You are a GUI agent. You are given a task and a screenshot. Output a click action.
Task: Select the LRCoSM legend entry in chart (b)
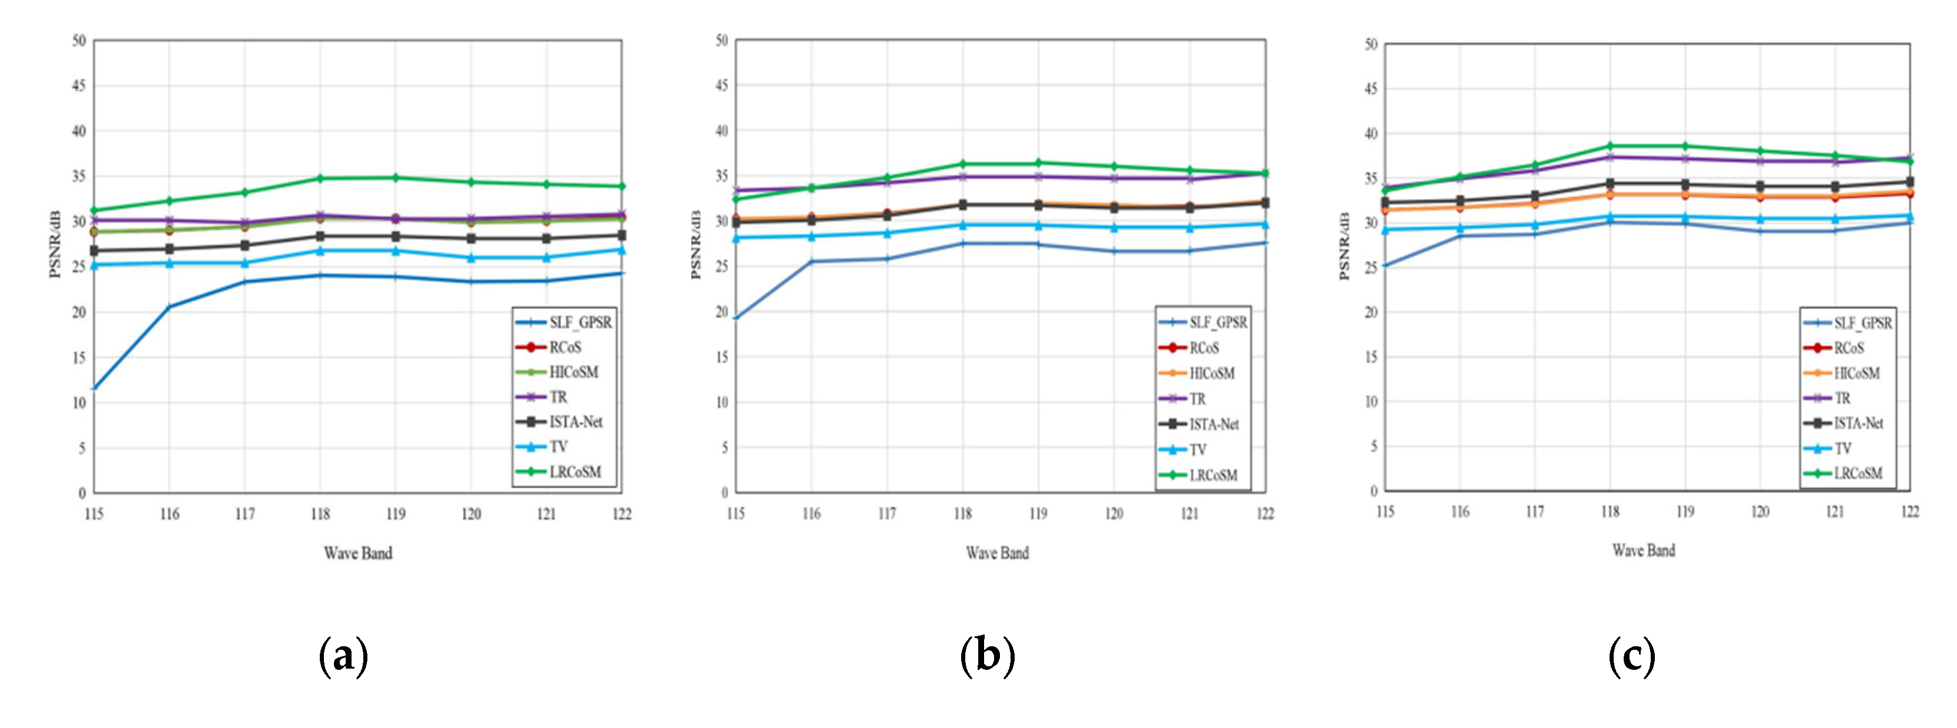[1213, 475]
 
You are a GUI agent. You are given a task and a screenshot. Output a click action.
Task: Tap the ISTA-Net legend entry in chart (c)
[1858, 423]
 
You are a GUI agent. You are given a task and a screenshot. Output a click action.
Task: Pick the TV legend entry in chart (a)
[558, 447]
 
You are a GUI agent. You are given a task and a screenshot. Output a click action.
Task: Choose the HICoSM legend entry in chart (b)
[1211, 373]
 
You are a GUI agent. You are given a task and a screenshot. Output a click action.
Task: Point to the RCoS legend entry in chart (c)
[1848, 348]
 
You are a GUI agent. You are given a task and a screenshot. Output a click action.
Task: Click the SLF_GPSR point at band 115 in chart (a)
[94, 388]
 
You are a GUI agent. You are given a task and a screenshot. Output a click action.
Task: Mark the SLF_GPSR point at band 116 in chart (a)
[169, 306]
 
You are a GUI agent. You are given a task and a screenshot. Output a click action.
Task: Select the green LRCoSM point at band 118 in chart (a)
[320, 179]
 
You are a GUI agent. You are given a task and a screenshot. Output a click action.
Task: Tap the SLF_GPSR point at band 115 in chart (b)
[736, 318]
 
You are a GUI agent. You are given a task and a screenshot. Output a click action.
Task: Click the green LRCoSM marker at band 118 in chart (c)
[1610, 146]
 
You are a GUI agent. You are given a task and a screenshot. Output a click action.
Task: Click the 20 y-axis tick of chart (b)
[722, 312]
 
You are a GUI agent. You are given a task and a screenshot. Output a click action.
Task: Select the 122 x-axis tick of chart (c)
[1909, 512]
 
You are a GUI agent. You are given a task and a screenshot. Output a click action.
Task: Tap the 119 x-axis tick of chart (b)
[1038, 514]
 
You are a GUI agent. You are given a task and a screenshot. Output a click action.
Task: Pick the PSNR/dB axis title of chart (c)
[1344, 245]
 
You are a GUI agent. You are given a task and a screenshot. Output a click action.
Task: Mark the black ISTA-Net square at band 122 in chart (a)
[621, 235]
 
